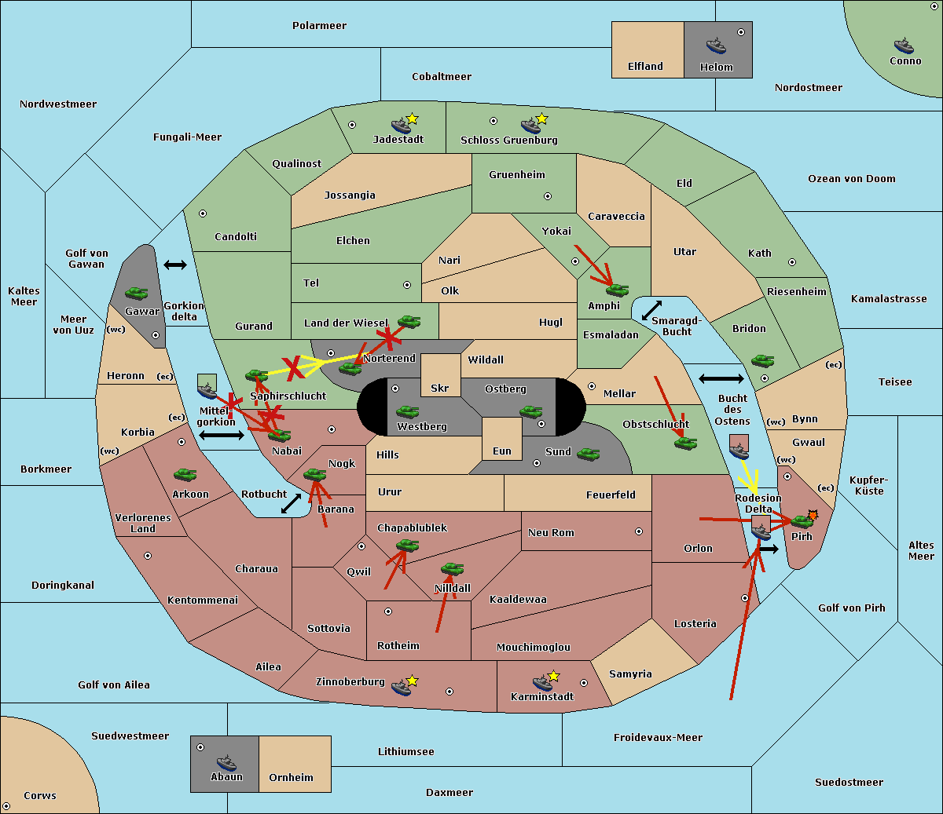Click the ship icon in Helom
(x=716, y=46)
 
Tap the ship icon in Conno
(x=904, y=46)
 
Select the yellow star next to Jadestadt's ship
(x=412, y=119)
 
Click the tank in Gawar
(x=137, y=293)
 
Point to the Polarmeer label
(x=319, y=26)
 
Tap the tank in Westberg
(x=407, y=412)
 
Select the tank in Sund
(x=588, y=454)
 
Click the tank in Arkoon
(x=185, y=474)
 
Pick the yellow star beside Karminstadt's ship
(x=553, y=676)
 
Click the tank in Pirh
(x=802, y=521)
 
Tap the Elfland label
(x=645, y=67)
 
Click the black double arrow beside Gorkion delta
(x=175, y=265)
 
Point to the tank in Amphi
(x=617, y=290)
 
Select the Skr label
(x=440, y=388)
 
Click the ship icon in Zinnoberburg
(x=402, y=687)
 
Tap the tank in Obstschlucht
(x=685, y=443)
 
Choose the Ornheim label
(x=291, y=778)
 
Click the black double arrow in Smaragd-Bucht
(x=651, y=310)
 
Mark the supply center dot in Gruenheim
(x=548, y=196)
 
